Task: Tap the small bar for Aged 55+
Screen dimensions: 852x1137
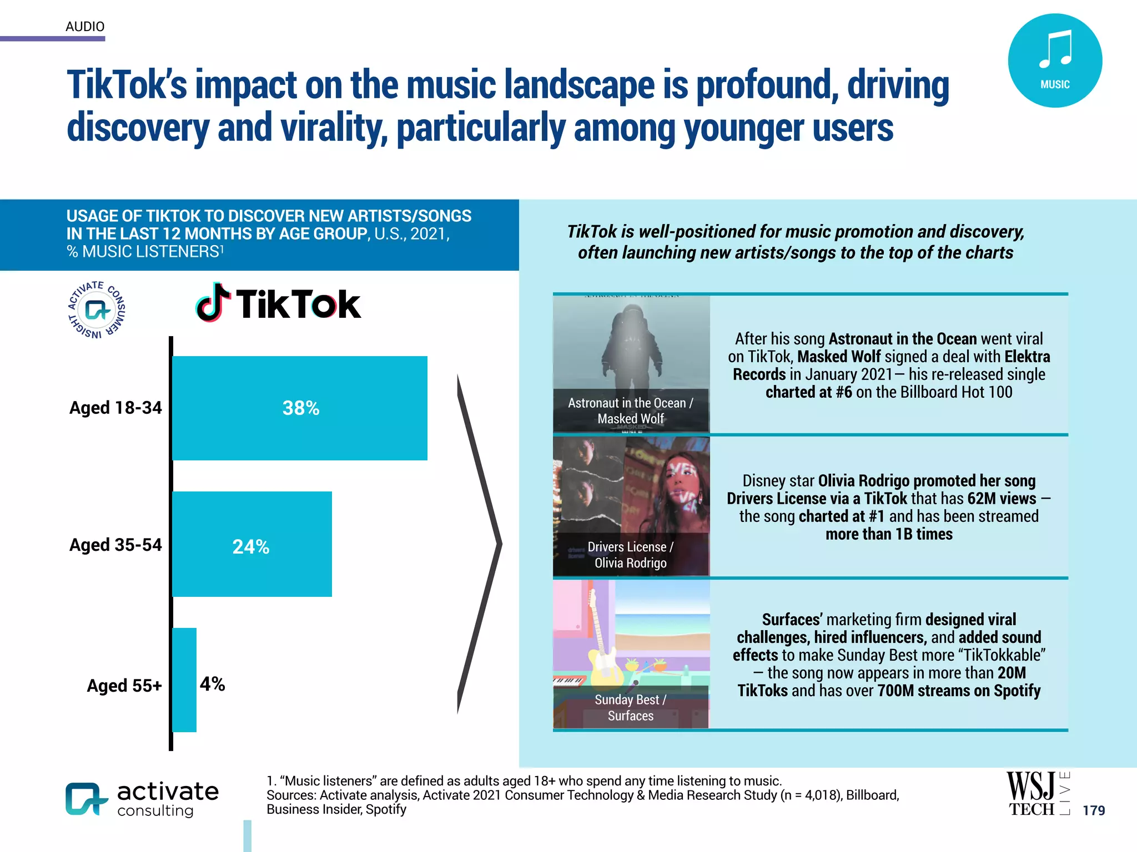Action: click(184, 679)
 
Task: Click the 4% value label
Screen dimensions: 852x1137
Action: click(212, 684)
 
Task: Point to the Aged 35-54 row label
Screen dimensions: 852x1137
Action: click(115, 545)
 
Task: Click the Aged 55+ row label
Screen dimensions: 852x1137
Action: click(124, 686)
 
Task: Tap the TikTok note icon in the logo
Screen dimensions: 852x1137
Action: click(213, 302)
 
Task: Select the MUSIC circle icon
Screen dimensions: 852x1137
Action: click(1054, 60)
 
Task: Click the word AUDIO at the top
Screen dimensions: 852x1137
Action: click(85, 26)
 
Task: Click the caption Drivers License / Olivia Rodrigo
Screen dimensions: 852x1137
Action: click(631, 555)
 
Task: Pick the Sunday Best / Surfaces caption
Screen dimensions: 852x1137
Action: click(631, 708)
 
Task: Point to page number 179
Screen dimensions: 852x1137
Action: click(1093, 810)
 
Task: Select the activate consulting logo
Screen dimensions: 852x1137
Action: click(142, 799)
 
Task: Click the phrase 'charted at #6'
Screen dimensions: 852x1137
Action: click(808, 392)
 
